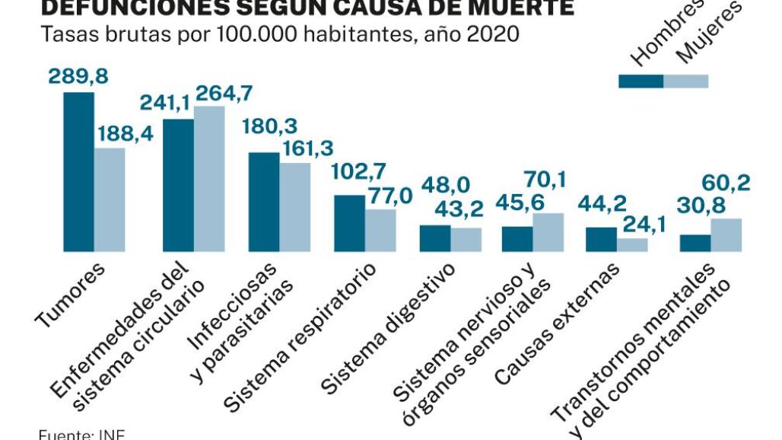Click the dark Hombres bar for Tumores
[x=79, y=172]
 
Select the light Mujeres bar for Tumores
[x=110, y=199]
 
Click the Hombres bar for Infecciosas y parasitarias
[x=264, y=202]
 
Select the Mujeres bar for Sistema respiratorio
[x=380, y=230]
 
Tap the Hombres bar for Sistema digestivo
[x=436, y=238]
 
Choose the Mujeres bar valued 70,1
[x=548, y=232]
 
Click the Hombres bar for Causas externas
[x=601, y=239]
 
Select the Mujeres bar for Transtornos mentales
[x=726, y=234]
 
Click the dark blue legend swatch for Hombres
[x=641, y=81]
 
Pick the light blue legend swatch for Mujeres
[x=686, y=81]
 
